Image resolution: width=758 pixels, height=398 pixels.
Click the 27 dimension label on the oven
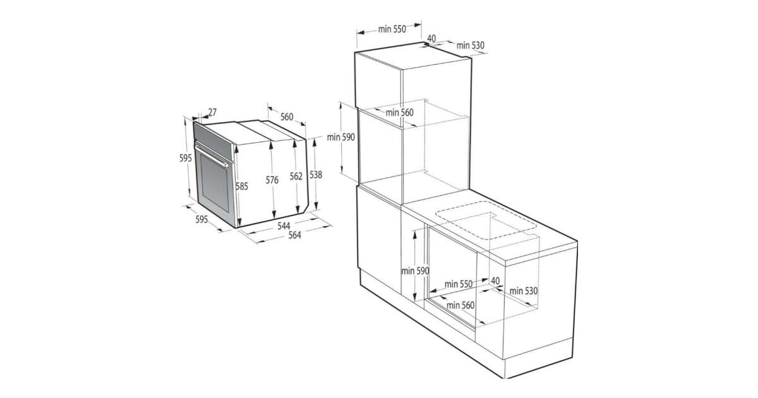(x=212, y=112)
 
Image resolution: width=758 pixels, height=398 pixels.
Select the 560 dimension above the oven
(x=287, y=117)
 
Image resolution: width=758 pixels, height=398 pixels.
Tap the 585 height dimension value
(x=241, y=186)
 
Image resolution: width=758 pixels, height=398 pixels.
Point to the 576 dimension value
(x=272, y=180)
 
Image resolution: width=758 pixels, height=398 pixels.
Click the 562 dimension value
(x=296, y=176)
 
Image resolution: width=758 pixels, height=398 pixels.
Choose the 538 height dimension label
(x=316, y=174)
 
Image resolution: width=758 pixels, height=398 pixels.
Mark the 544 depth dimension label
(x=284, y=226)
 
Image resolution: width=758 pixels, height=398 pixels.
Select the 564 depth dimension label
(x=295, y=235)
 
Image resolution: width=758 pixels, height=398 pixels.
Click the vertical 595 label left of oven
(x=186, y=158)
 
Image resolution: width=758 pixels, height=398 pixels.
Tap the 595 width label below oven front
(x=202, y=220)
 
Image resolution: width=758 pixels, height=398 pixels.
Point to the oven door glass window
(x=215, y=183)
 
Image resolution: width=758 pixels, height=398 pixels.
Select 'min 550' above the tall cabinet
(x=392, y=30)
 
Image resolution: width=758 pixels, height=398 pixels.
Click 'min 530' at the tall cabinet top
(x=471, y=45)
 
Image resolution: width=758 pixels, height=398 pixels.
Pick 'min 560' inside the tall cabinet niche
(x=400, y=112)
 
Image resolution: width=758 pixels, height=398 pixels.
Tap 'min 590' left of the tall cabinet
(x=340, y=138)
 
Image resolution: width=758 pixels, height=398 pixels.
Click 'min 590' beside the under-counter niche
(x=415, y=271)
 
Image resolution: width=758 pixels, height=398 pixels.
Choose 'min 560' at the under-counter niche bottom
(x=460, y=305)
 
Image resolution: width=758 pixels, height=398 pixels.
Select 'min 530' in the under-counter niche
(x=524, y=291)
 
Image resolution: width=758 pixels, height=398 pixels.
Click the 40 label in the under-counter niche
(x=495, y=280)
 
